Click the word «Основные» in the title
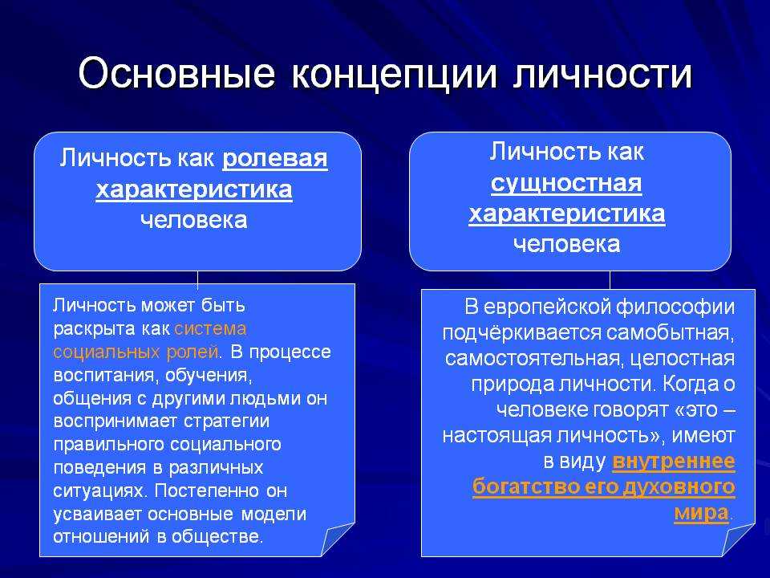pos(176,74)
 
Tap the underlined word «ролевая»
pos(275,159)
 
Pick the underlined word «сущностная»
pos(566,184)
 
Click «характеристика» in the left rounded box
pos(194,189)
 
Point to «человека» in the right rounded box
pos(567,244)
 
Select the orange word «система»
pos(211,329)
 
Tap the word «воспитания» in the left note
pos(106,376)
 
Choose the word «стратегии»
pos(226,421)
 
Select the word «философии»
pos(675,307)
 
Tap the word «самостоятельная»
pos(535,359)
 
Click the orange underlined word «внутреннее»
pos(674,462)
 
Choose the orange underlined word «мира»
pos(701,512)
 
